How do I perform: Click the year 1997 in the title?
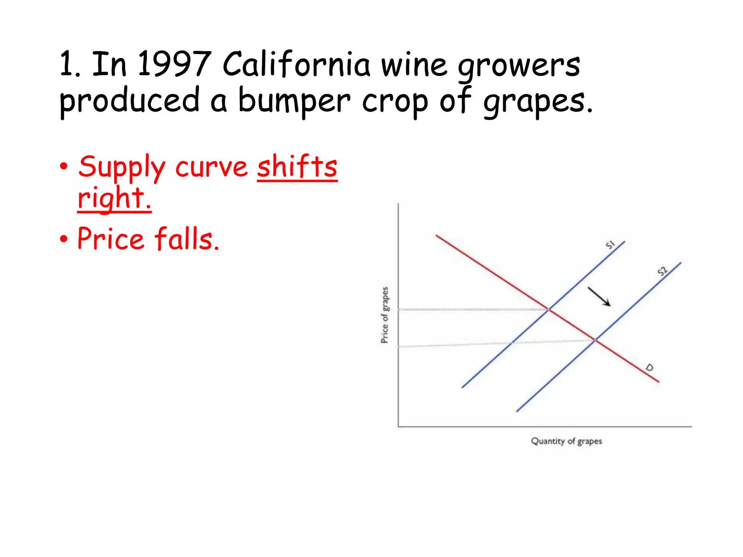pos(174,64)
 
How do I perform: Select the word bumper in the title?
pos(294,100)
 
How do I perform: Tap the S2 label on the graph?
pos(662,271)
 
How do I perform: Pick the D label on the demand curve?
pos(649,368)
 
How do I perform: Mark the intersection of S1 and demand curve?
pos(549,309)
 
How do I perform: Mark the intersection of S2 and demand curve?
pos(595,340)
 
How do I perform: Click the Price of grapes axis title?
pos(385,315)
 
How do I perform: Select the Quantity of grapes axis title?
pos(566,441)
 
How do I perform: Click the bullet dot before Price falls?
pos(64,239)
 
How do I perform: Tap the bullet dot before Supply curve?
pos(64,166)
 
